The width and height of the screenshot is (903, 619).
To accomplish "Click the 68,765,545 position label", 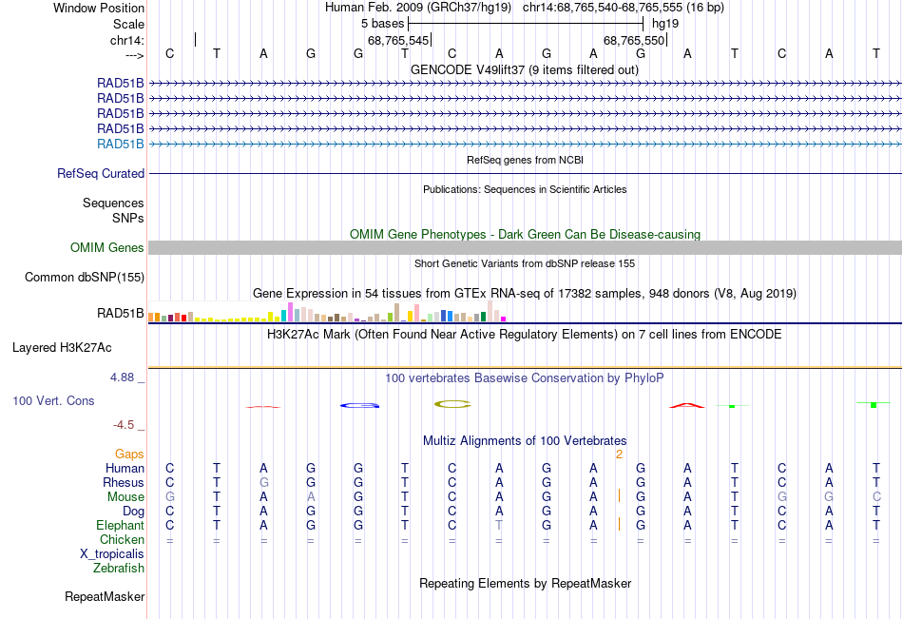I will click(398, 41).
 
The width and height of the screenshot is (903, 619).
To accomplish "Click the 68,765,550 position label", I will click(634, 41).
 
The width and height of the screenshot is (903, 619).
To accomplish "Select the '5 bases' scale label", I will click(382, 23).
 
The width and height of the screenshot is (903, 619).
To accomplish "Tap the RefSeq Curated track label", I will click(101, 174).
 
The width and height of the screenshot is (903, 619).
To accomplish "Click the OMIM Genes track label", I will click(107, 248).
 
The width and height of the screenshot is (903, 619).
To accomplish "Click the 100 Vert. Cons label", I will click(53, 401).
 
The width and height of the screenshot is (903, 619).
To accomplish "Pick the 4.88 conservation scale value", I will click(125, 377).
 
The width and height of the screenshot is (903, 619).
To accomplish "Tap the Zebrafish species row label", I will click(119, 569).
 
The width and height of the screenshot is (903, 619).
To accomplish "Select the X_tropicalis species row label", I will click(112, 554).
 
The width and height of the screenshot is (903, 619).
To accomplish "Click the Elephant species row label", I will click(120, 526).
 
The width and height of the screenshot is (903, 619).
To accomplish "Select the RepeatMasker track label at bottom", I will click(105, 597).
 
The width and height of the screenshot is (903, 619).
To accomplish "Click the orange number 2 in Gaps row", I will click(619, 455).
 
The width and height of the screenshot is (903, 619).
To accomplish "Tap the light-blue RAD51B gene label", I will click(121, 145).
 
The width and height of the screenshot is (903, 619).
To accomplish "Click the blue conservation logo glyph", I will click(359, 406).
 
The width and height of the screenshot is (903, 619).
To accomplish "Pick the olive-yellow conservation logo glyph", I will click(452, 404).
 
